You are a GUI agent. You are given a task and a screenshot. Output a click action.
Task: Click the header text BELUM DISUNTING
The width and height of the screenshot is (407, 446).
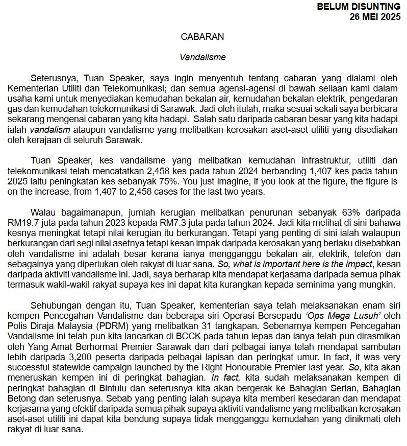359,7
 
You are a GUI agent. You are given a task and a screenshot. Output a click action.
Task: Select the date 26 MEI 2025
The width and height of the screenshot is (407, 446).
375,16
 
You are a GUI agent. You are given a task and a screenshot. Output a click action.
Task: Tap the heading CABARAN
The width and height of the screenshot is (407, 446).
202,37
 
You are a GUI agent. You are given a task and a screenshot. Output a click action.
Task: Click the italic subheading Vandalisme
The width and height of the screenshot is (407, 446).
202,57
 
